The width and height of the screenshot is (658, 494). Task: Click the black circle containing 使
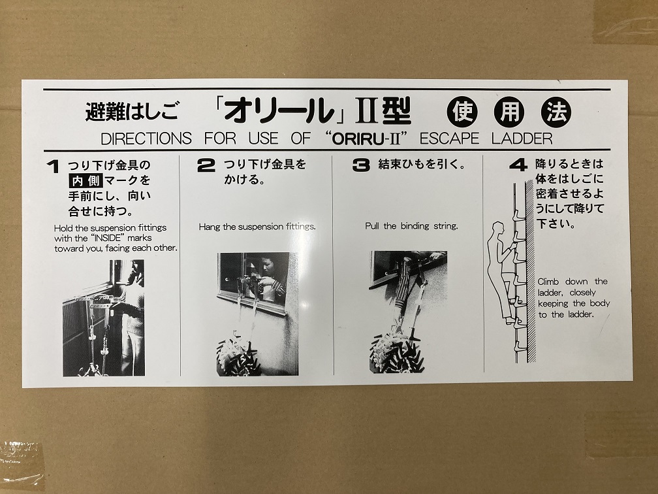tap(462, 112)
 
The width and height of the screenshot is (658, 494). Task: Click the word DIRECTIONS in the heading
tap(146, 139)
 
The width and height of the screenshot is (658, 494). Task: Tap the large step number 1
tap(53, 167)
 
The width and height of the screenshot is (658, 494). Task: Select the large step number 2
tap(206, 165)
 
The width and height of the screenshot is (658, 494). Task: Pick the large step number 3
tap(361, 165)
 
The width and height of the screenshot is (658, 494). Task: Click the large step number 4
tap(518, 165)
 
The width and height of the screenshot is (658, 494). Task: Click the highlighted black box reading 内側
tap(85, 180)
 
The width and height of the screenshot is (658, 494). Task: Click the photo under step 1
tap(104, 318)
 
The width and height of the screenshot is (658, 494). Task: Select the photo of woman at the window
tap(258, 314)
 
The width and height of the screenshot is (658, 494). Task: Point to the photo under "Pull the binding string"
tap(408, 312)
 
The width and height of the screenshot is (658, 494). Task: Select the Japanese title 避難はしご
tap(131, 112)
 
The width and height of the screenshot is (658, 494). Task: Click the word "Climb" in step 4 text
tap(548, 282)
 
